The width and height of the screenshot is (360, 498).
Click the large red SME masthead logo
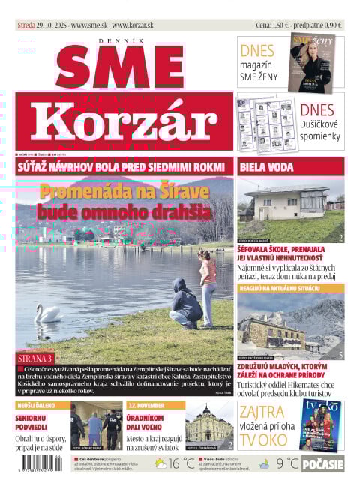[x=124, y=66]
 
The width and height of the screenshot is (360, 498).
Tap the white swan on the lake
[x=49, y=313]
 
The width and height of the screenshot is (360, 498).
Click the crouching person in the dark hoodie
[x=184, y=303]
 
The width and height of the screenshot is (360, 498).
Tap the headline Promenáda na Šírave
[x=124, y=191]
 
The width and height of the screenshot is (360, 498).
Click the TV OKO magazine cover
[x=322, y=424]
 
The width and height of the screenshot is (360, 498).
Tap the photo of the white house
[x=290, y=209]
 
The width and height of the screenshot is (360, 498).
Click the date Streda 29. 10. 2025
[x=41, y=25]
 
